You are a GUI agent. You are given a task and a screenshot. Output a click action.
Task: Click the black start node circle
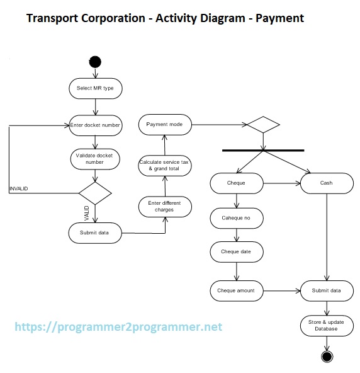[95, 61]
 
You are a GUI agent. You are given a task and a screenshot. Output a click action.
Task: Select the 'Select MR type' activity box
[95, 88]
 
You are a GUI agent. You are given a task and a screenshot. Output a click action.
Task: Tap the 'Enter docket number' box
[95, 125]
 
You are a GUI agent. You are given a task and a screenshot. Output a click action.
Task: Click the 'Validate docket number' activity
[94, 158]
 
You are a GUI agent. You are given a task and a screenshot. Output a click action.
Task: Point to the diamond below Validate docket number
[94, 192]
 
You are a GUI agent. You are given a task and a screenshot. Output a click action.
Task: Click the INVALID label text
[19, 189]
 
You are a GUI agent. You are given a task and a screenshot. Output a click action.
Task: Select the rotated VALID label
[87, 213]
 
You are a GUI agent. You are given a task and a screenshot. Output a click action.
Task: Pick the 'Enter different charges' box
[164, 206]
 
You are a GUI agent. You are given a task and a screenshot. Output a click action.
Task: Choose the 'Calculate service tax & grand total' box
[164, 165]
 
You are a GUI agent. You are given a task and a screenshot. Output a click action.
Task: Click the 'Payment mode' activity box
[164, 125]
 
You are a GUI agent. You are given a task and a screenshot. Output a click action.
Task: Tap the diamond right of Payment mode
[263, 125]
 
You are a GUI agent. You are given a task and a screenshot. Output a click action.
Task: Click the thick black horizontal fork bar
[263, 151]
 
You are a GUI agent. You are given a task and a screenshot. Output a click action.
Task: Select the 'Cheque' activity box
[236, 183]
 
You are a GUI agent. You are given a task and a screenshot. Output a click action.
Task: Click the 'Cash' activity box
[326, 183]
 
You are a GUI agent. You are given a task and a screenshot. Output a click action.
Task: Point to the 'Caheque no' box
[236, 218]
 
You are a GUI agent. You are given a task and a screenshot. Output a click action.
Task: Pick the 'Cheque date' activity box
[236, 251]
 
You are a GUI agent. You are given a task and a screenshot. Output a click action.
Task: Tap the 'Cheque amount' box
[236, 290]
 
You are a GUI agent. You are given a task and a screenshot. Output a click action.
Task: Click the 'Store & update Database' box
[326, 326]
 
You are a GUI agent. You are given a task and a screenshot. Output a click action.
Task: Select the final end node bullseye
[327, 357]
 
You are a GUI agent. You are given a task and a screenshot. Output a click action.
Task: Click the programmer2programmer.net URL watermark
[118, 328]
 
